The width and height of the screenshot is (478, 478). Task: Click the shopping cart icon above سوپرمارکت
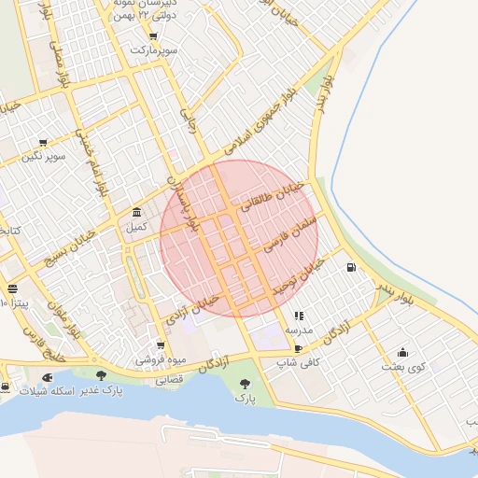152,36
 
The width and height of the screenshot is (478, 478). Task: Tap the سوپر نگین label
45,156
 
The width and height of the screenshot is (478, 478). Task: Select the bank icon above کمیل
137,212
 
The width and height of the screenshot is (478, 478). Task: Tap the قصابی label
169,380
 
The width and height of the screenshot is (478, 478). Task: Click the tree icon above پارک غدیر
101,375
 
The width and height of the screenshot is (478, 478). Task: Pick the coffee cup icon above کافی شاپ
298,347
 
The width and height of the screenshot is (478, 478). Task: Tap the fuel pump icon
351,268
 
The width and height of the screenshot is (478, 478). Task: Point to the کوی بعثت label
402,367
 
